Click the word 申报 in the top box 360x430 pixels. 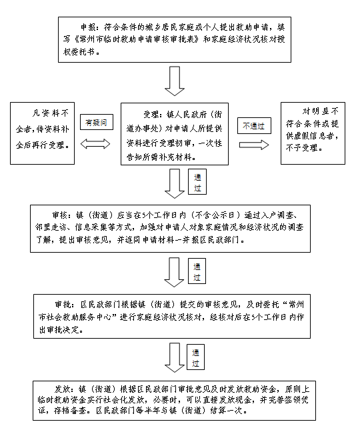(88, 27)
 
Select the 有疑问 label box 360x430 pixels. (97, 122)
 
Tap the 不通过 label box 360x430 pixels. (254, 125)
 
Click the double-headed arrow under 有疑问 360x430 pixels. (95, 144)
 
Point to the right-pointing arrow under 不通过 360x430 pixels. (254, 145)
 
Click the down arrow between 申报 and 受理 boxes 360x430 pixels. (175, 81)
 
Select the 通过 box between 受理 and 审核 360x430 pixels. (197, 181)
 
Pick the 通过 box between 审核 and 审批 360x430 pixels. (197, 271)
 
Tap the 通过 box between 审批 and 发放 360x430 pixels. (195, 357)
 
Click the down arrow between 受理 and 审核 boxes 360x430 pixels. (175, 184)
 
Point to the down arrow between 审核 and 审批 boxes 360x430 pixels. (174, 272)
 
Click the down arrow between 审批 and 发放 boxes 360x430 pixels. (175, 357)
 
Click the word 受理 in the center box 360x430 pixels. (151, 114)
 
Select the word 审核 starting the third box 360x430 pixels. (60, 215)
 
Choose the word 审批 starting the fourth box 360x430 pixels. (63, 305)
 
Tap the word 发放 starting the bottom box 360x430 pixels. (62, 389)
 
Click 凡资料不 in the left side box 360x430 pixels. (51, 113)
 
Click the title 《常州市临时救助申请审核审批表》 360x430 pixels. (136, 39)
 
